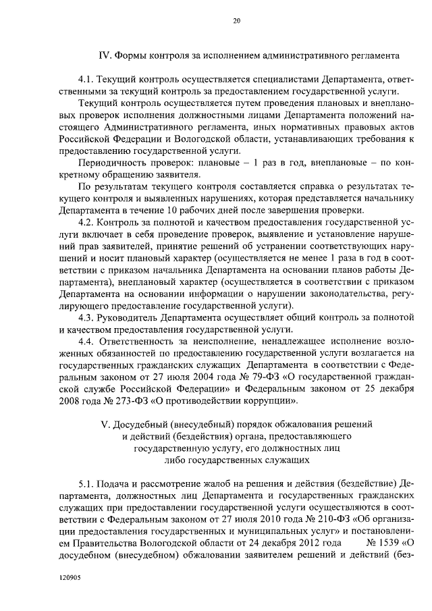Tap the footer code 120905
(70, 579)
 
